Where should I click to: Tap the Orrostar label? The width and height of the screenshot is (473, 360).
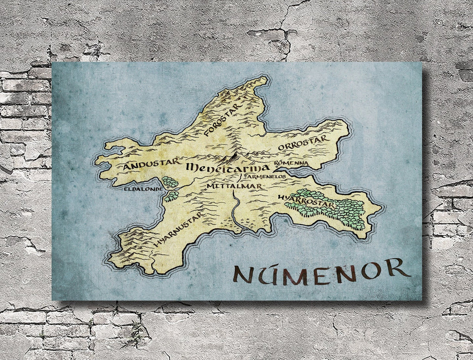(302, 143)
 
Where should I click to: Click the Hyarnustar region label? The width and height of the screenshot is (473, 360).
(179, 230)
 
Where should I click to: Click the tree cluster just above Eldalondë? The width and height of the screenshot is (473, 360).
(170, 182)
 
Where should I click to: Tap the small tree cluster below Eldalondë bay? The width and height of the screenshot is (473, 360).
(171, 196)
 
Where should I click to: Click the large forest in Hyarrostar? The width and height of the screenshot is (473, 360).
(335, 209)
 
